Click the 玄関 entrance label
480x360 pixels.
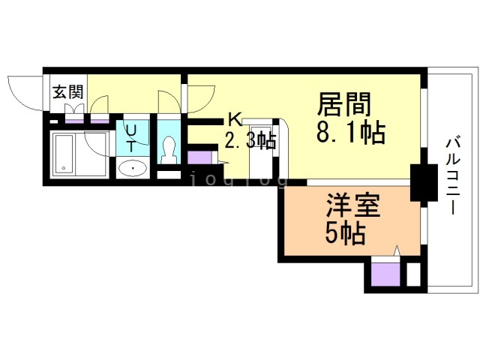pos(67,93)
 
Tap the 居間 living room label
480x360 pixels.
pos(345,103)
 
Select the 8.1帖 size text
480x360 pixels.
pos(351,133)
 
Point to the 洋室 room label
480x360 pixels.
pos(352,205)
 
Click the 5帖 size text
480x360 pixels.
pos(345,234)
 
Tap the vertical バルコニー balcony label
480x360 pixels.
pos(452,175)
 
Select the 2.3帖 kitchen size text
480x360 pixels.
pos(250,139)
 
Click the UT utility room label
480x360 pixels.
pos(131,138)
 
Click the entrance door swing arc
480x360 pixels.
pos(22,91)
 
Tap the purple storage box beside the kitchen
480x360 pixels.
pos(199,158)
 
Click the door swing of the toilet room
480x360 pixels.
pos(169,102)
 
